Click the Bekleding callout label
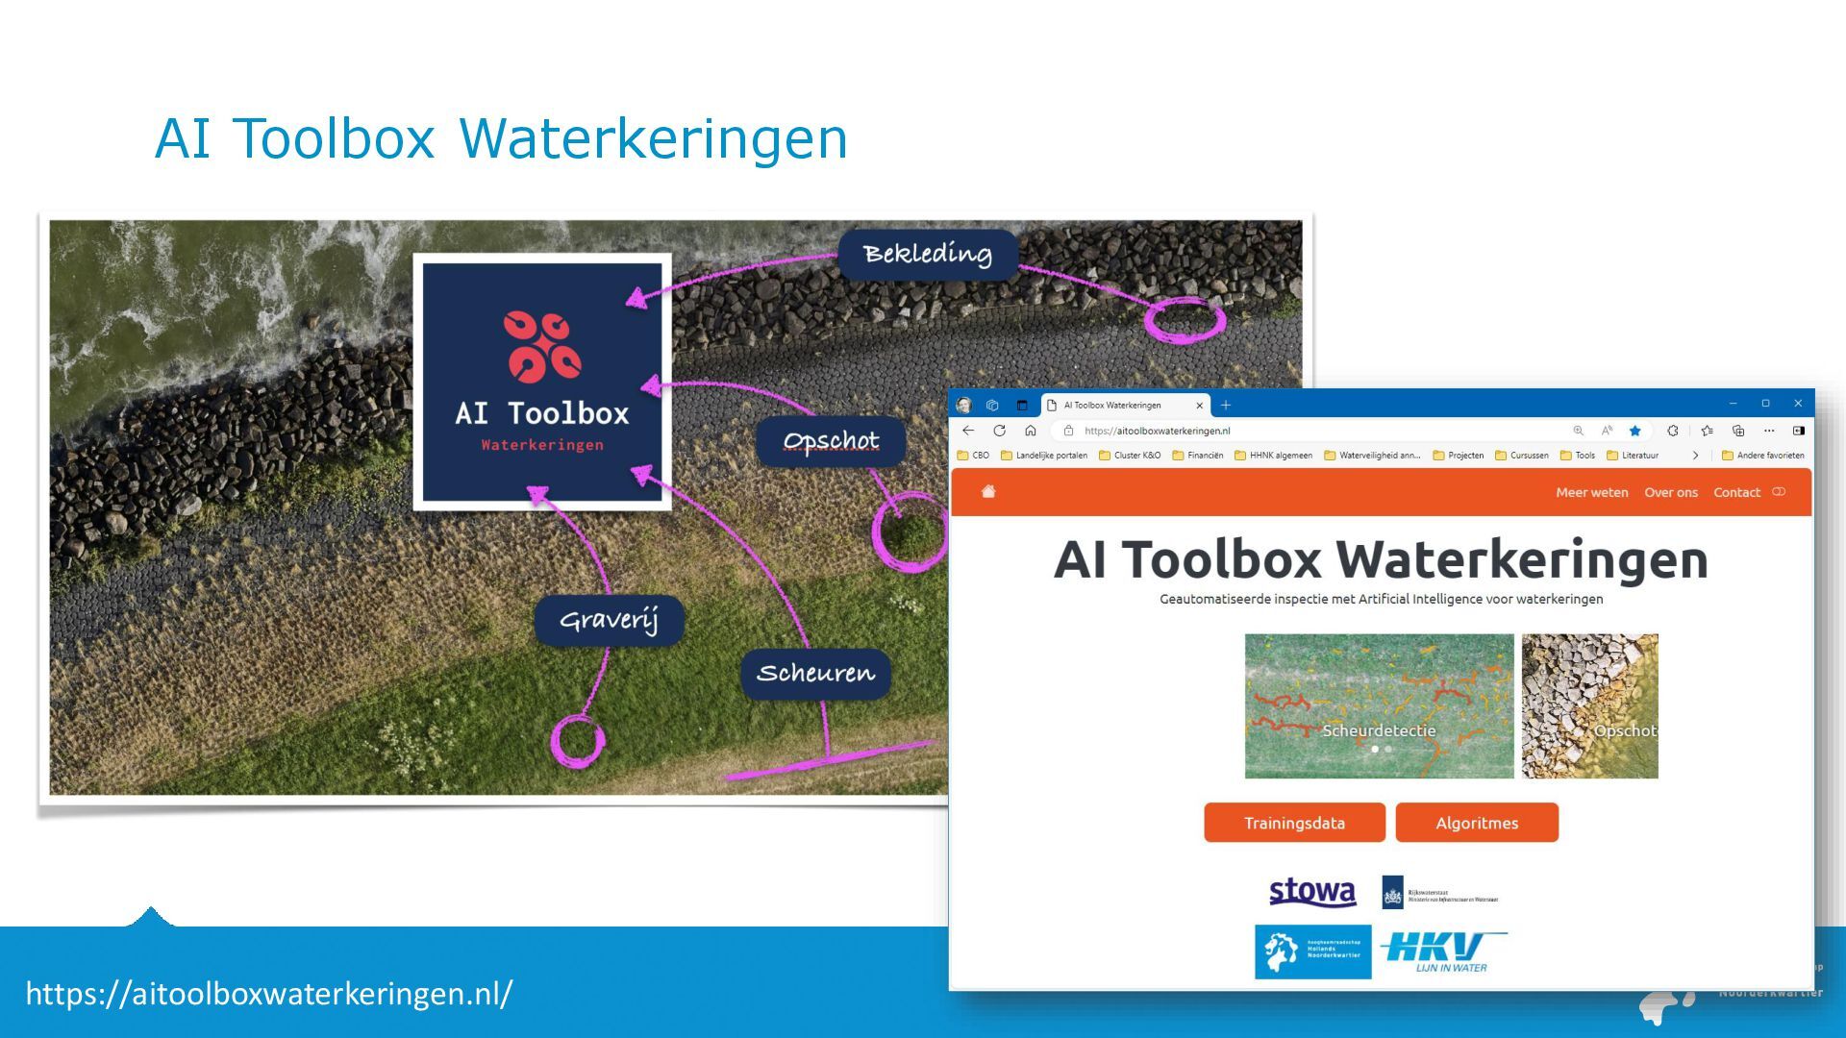[927, 255]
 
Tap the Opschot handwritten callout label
[831, 441]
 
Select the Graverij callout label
[609, 620]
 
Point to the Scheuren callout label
[815, 673]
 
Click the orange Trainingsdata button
[1294, 823]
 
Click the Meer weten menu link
[1591, 492]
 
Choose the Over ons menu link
[1670, 492]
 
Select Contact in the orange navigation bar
[1736, 492]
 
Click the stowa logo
[1312, 892]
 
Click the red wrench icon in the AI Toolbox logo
[542, 346]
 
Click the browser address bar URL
[1157, 431]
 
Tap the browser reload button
[999, 431]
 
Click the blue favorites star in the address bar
[1634, 431]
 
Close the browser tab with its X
[1199, 406]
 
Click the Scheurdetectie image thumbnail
[1379, 705]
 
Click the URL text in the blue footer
[269, 993]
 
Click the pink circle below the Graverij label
[577, 741]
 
